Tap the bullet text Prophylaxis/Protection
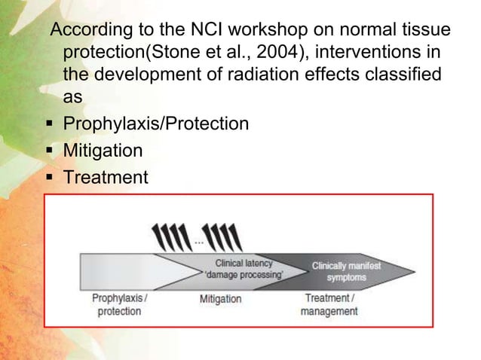pyautogui.click(x=155, y=124)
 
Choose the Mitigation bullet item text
pyautogui.click(x=102, y=151)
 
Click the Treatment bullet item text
pyautogui.click(x=105, y=178)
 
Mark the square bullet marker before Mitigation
pyautogui.click(x=48, y=151)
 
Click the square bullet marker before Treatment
pyautogui.click(x=48, y=178)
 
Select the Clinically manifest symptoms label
pyautogui.click(x=347, y=271)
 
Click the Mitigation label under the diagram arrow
pyautogui.click(x=220, y=299)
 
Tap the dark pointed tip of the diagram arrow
pyautogui.click(x=407, y=271)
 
